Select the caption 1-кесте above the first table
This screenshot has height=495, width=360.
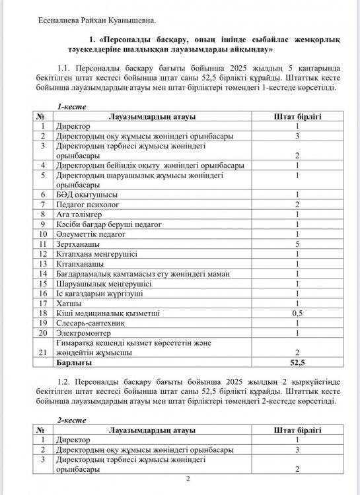pos(71,106)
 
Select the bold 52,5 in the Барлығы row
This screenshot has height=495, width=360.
pos(297,362)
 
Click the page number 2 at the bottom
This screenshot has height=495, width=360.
pos(188,480)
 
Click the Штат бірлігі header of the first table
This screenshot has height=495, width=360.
pos(297,116)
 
